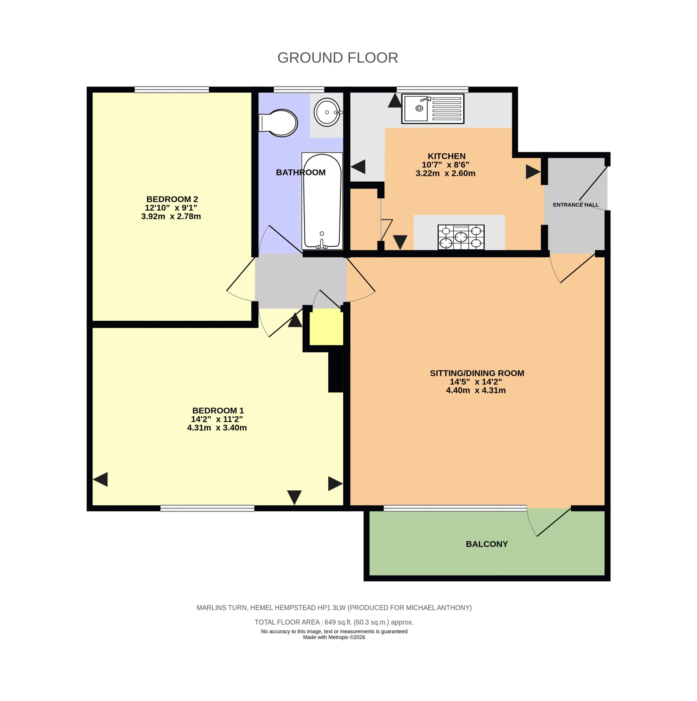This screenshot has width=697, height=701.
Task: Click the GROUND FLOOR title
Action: click(337, 58)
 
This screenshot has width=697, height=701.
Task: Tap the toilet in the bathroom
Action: click(278, 123)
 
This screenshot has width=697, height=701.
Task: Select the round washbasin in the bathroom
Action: click(327, 112)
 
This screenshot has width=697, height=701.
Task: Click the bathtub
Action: click(322, 201)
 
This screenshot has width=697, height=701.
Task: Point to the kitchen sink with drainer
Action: click(433, 108)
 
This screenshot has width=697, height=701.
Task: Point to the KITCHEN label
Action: click(446, 156)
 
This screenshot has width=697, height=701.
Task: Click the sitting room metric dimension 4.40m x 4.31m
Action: click(476, 390)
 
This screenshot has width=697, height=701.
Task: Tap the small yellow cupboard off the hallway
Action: click(326, 327)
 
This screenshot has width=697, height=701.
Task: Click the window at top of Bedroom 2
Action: click(172, 89)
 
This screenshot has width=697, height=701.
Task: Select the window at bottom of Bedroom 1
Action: click(207, 508)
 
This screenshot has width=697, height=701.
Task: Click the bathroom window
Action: click(298, 89)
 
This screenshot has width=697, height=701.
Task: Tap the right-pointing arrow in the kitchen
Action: click(533, 172)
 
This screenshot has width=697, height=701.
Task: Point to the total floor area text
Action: click(334, 622)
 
